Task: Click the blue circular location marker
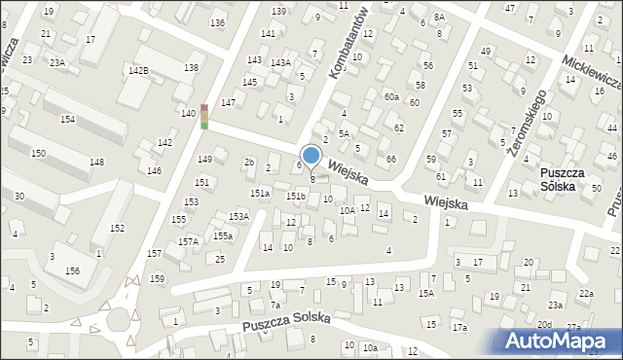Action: pyautogui.click(x=311, y=155)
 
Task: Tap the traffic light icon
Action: pyautogui.click(x=204, y=116)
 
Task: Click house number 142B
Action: pyautogui.click(x=138, y=71)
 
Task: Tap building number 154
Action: pyautogui.click(x=67, y=119)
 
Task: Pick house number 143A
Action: pyautogui.click(x=280, y=63)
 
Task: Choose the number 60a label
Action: pyautogui.click(x=391, y=96)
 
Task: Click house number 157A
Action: pyautogui.click(x=187, y=241)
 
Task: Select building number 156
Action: pyautogui.click(x=72, y=271)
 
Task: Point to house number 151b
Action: pyautogui.click(x=296, y=197)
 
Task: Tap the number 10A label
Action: pyautogui.click(x=347, y=210)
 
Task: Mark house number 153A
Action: pyautogui.click(x=238, y=216)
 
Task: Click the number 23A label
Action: pyautogui.click(x=57, y=62)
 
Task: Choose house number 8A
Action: pyautogui.click(x=439, y=18)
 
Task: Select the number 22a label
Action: pyautogui.click(x=585, y=293)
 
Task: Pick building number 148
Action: pyautogui.click(x=97, y=162)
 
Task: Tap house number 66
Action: pyautogui.click(x=390, y=159)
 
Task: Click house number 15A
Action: pyautogui.click(x=425, y=293)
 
